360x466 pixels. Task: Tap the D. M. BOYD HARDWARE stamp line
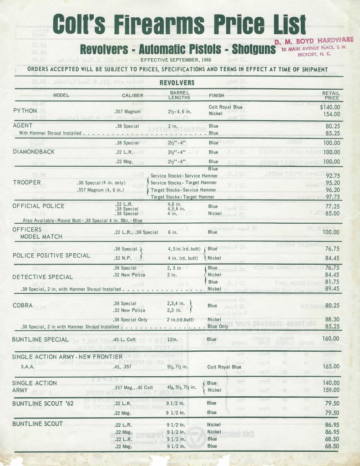(314, 41)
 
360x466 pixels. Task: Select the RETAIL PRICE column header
(331, 95)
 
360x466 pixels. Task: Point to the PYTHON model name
(25, 111)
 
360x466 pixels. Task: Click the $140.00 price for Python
(330, 107)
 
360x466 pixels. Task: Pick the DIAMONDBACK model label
(34, 152)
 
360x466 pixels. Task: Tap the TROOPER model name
(27, 182)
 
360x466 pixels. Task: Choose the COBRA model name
(23, 305)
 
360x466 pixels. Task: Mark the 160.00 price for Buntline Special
(330, 338)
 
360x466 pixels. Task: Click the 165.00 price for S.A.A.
(330, 366)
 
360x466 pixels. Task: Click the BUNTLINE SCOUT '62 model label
(43, 403)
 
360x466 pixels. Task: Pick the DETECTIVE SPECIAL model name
(43, 277)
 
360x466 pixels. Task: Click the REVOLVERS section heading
(177, 83)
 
